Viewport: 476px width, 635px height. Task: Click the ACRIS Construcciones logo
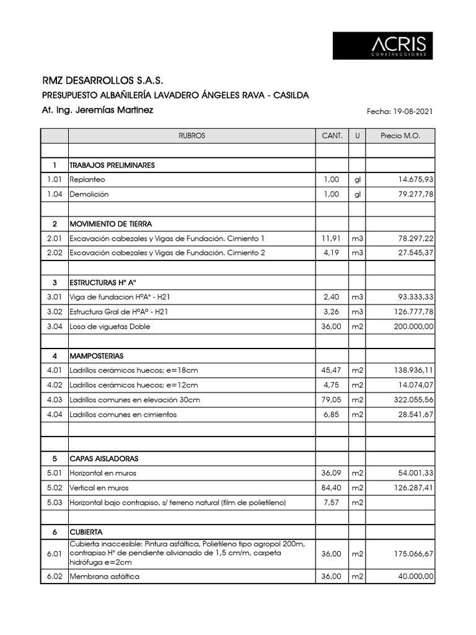point(382,46)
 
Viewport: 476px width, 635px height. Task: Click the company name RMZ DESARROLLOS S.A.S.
point(103,81)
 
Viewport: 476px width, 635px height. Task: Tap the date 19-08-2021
point(412,112)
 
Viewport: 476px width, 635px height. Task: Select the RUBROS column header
point(192,136)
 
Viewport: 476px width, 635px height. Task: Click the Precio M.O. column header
point(400,136)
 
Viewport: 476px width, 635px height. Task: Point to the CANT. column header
point(332,136)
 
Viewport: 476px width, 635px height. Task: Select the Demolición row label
point(89,194)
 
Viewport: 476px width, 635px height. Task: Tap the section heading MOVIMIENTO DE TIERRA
point(111,224)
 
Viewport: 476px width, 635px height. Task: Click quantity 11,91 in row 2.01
point(332,238)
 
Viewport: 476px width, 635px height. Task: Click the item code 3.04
point(55,326)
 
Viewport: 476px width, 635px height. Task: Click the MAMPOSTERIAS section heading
point(97,356)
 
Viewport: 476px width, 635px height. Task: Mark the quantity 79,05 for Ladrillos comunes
point(332,400)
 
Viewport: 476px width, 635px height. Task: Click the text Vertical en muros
point(99,488)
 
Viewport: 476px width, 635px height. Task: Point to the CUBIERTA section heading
point(86,532)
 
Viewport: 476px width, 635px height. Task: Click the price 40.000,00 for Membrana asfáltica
point(412,577)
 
